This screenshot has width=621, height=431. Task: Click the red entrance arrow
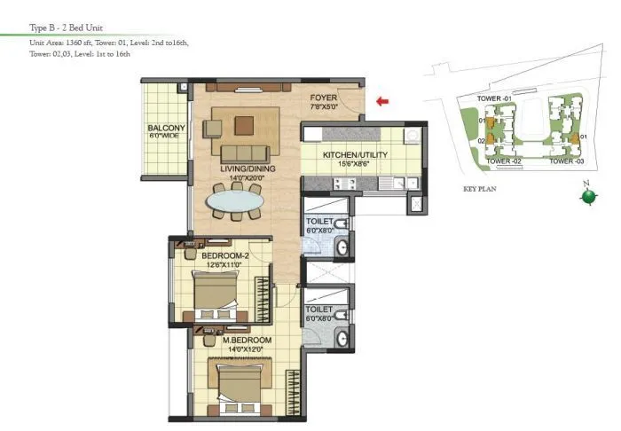pyautogui.click(x=382, y=101)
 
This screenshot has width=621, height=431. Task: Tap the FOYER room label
pyautogui.click(x=322, y=98)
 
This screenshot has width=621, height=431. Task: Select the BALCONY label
pyautogui.click(x=166, y=129)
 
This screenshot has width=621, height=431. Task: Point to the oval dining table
pyautogui.click(x=235, y=202)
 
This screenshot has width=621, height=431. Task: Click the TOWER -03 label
pyautogui.click(x=566, y=162)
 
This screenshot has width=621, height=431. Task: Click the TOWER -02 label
pyautogui.click(x=503, y=162)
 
